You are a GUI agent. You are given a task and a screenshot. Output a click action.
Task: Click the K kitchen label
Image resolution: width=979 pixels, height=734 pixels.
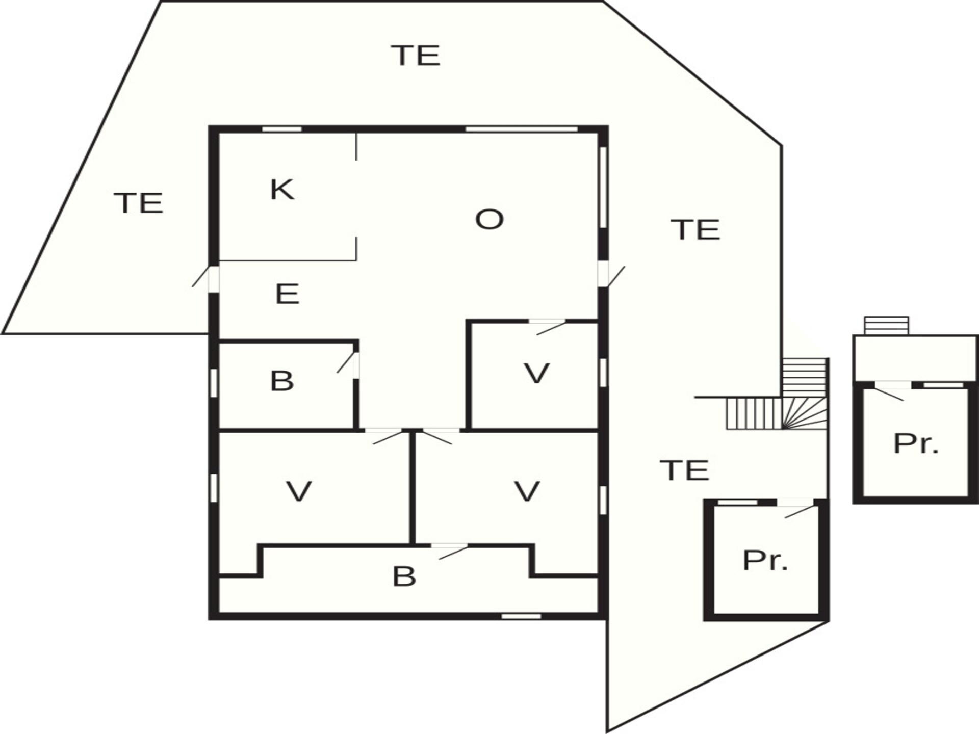point(282,190)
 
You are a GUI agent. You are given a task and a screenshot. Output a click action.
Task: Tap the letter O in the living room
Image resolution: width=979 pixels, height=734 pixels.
point(489,220)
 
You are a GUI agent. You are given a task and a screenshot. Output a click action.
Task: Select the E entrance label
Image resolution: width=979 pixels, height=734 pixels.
point(287,294)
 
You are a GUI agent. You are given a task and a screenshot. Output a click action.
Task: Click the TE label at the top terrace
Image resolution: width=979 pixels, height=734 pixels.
point(416,56)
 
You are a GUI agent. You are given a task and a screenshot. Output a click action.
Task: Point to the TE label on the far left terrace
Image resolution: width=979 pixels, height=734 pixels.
point(139,203)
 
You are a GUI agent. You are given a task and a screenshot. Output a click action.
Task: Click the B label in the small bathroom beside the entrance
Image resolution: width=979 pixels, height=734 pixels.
point(282,381)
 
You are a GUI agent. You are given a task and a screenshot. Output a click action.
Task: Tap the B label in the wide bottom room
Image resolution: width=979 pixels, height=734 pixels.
point(404,576)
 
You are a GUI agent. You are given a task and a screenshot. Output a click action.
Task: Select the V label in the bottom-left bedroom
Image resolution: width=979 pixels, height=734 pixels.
point(299,491)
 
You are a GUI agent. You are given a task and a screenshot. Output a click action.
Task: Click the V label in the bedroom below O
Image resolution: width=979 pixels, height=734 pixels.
point(536,374)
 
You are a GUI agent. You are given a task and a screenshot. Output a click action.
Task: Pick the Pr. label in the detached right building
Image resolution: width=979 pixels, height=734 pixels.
point(916,443)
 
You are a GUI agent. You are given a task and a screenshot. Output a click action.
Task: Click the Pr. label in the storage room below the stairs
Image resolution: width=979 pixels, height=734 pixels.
point(765,560)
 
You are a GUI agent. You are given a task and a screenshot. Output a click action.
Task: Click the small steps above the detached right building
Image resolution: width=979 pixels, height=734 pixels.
point(886,326)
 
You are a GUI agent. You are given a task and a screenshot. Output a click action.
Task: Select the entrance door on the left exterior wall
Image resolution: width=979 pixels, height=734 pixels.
point(207,278)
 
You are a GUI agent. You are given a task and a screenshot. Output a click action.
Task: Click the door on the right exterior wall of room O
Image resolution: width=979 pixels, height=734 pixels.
point(610,275)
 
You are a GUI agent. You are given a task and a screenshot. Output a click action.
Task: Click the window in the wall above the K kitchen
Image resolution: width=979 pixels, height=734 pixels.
point(282,129)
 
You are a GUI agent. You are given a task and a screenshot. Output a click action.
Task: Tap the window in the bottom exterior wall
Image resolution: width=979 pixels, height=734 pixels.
point(521,617)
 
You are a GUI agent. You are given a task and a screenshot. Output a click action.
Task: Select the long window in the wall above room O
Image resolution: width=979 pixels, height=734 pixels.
point(521,129)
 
